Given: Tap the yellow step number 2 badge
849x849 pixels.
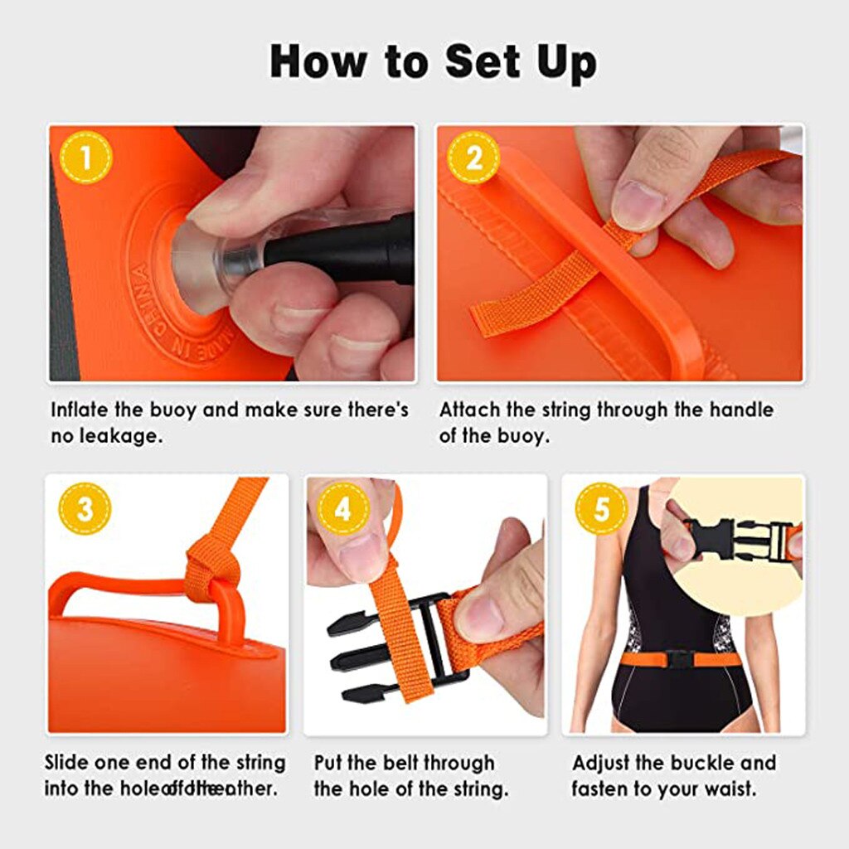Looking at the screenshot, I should [x=474, y=158].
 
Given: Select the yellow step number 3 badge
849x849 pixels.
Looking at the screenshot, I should [x=85, y=508].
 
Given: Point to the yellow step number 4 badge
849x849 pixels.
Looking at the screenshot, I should [x=342, y=508].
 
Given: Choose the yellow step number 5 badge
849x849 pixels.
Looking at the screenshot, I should [x=600, y=508].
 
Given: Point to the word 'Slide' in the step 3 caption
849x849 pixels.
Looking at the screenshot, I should [x=70, y=762].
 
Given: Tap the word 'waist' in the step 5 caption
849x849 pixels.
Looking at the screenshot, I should [x=730, y=788].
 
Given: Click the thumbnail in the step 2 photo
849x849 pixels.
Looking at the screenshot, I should [x=638, y=205].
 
